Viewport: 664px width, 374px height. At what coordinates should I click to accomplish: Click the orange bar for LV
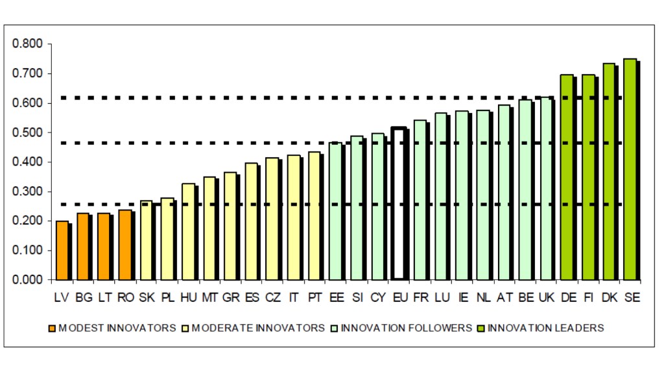[62, 251]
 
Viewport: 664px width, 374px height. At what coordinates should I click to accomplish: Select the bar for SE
[630, 169]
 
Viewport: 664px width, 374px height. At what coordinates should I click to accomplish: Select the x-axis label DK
[609, 297]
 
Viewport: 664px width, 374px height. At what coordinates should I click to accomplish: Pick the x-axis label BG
[83, 297]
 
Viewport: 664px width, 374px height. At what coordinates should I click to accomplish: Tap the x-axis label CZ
[272, 297]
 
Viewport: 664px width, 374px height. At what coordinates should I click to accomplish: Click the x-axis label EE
[336, 297]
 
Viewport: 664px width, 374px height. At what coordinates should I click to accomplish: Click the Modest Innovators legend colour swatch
[53, 328]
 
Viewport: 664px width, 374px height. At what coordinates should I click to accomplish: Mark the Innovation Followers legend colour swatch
[335, 328]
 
